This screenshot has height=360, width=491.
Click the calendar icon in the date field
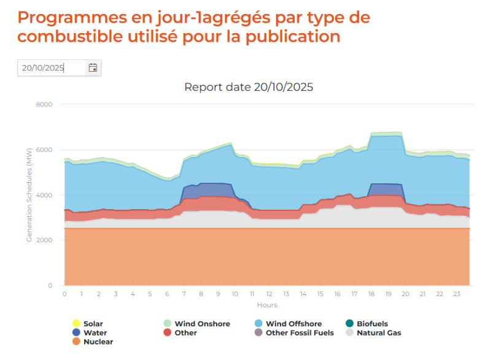(x=93, y=68)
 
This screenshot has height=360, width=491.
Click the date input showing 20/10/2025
(x=51, y=68)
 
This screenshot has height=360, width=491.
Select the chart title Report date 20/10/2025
(x=249, y=87)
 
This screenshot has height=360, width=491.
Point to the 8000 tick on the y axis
(x=44, y=105)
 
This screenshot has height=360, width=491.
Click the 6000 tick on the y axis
(x=44, y=150)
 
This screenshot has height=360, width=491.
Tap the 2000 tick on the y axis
(x=44, y=240)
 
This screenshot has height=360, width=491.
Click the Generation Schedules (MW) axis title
(x=29, y=195)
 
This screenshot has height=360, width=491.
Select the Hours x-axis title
(x=266, y=305)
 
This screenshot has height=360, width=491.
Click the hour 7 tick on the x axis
(x=184, y=294)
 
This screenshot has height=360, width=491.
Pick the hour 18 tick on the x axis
(x=371, y=294)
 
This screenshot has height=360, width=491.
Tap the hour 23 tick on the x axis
(x=456, y=294)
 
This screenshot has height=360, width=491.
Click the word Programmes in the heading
(x=64, y=18)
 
